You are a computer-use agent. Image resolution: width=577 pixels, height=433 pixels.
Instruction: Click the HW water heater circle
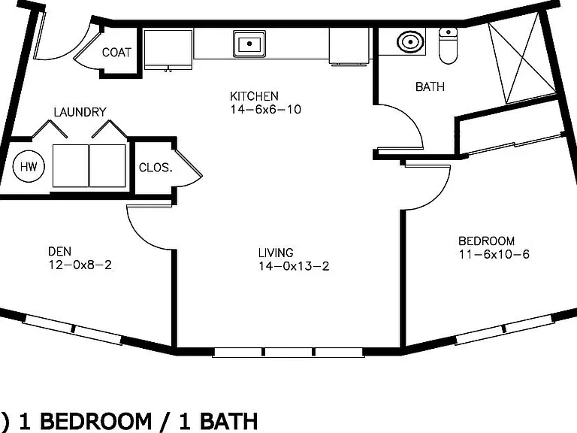tap(29, 166)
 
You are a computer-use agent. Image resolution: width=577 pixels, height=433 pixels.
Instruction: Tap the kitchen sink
tap(249, 44)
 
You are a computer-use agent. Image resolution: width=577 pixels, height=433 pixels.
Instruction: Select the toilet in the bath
tap(448, 46)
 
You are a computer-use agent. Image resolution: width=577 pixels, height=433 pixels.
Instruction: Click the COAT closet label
tap(116, 53)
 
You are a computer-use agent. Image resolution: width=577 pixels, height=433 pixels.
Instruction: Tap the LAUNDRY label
tap(80, 112)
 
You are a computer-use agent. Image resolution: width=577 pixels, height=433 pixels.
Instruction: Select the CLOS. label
tap(156, 168)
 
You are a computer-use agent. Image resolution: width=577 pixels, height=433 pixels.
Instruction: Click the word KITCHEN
tap(254, 96)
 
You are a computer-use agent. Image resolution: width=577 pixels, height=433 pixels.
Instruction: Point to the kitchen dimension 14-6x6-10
tap(266, 109)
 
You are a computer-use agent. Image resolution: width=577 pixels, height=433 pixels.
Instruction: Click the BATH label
tap(430, 87)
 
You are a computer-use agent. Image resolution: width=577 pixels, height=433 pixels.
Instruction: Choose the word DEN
tap(59, 252)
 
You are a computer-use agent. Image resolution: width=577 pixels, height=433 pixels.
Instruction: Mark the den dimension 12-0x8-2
tap(80, 265)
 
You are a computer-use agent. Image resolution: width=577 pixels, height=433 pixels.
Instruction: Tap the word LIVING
tap(276, 253)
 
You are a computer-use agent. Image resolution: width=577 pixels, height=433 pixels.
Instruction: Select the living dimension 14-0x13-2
tap(294, 266)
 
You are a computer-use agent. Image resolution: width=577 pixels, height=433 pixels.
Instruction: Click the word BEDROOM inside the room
tap(487, 241)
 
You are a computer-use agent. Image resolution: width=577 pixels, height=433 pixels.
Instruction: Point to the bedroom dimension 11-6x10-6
tap(494, 254)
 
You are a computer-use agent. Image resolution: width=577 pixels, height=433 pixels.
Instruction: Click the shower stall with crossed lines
tap(522, 58)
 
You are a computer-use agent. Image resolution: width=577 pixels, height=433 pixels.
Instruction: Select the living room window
tap(288, 353)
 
